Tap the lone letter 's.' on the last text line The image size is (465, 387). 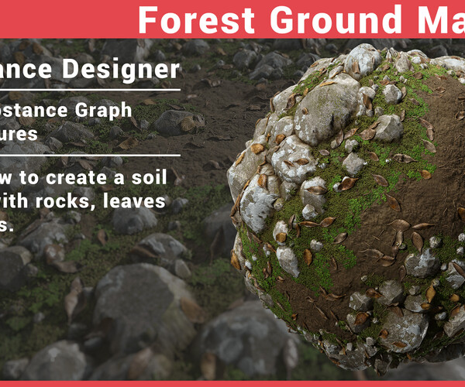tap(6, 225)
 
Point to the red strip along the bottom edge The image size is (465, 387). tap(232, 383)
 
